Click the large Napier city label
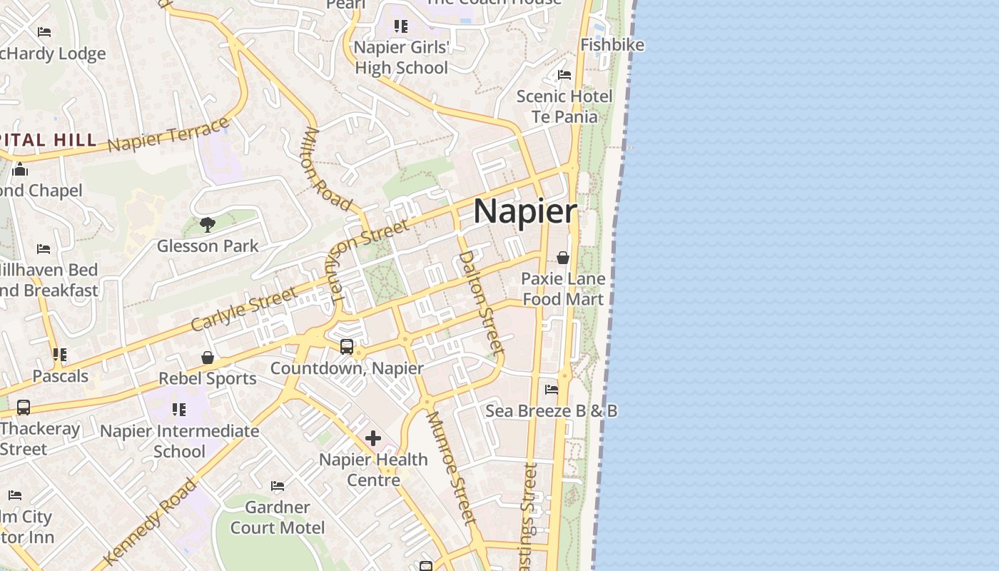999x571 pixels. coord(525,212)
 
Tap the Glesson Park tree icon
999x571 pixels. coord(208,226)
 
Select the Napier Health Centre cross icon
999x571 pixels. coord(372,438)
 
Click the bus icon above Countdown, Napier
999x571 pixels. coord(347,347)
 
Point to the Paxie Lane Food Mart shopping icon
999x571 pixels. coord(563,258)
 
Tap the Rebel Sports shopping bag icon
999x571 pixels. coord(208,357)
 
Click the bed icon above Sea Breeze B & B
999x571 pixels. coord(552,390)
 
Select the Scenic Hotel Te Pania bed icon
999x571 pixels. coord(564,75)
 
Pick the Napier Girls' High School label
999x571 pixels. coord(402,58)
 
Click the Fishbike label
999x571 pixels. coord(612,45)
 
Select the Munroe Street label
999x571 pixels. coord(451,468)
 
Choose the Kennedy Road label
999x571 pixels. coord(150,521)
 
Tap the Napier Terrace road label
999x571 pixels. coord(169,134)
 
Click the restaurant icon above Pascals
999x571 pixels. coord(60,355)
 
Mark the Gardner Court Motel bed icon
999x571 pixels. coord(278,487)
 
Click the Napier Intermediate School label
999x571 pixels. coord(179,441)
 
